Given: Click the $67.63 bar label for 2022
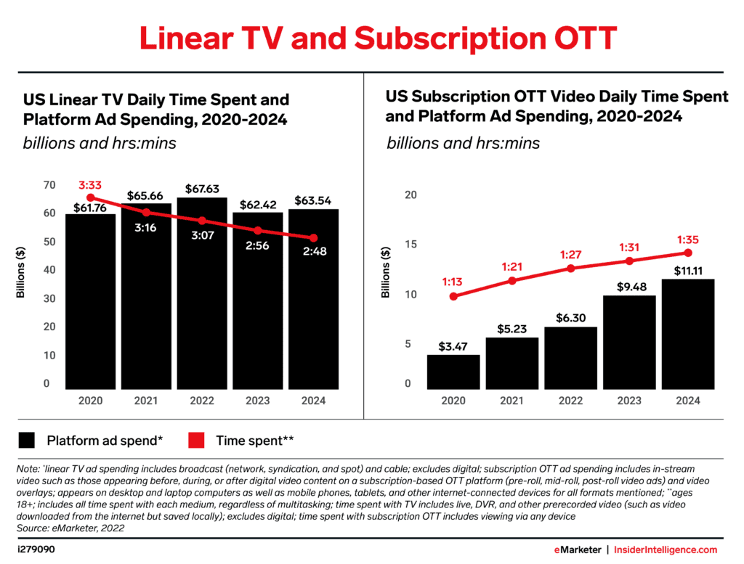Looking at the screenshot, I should click(202, 189).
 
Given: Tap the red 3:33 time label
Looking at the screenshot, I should click(89, 186).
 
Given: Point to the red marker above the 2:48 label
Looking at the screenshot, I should click(312, 238).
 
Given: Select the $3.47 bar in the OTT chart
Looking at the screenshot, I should click(453, 372).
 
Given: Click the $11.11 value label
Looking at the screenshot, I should click(688, 269).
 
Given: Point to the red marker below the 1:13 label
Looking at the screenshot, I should click(453, 296).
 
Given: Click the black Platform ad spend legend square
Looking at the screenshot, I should click(27, 440).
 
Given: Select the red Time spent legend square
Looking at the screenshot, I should click(196, 440).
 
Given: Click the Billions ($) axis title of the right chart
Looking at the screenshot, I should click(386, 272).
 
